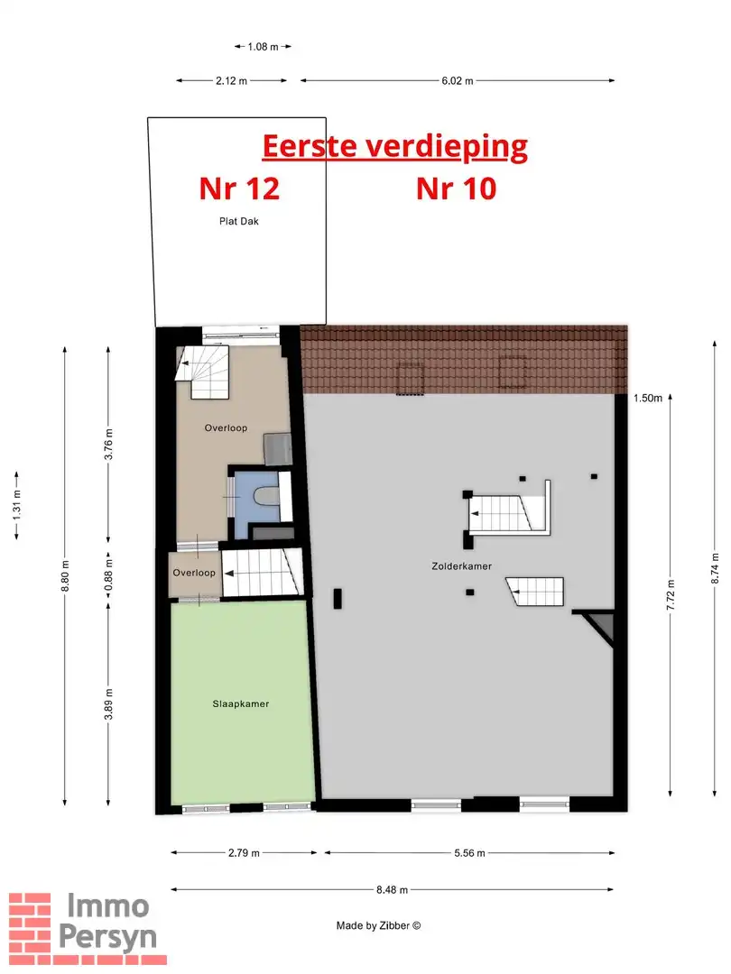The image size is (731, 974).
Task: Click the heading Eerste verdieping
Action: pyautogui.click(x=394, y=145)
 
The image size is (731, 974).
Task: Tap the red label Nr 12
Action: pyautogui.click(x=239, y=188)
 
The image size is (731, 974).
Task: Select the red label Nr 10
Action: pyautogui.click(x=456, y=188)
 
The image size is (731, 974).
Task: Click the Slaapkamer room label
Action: pyautogui.click(x=242, y=704)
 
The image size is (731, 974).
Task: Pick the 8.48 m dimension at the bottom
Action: pyautogui.click(x=392, y=889)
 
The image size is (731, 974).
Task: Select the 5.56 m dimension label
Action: pyautogui.click(x=467, y=853)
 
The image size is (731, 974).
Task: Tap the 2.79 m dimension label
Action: pyautogui.click(x=243, y=853)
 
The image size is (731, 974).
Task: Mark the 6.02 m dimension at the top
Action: pyautogui.click(x=457, y=81)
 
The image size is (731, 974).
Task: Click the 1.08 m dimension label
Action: pyautogui.click(x=263, y=46)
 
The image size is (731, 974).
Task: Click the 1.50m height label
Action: pyautogui.click(x=647, y=398)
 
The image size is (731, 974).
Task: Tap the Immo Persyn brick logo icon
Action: pyautogui.click(x=31, y=923)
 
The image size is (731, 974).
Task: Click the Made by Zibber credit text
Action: pyautogui.click(x=378, y=925)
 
